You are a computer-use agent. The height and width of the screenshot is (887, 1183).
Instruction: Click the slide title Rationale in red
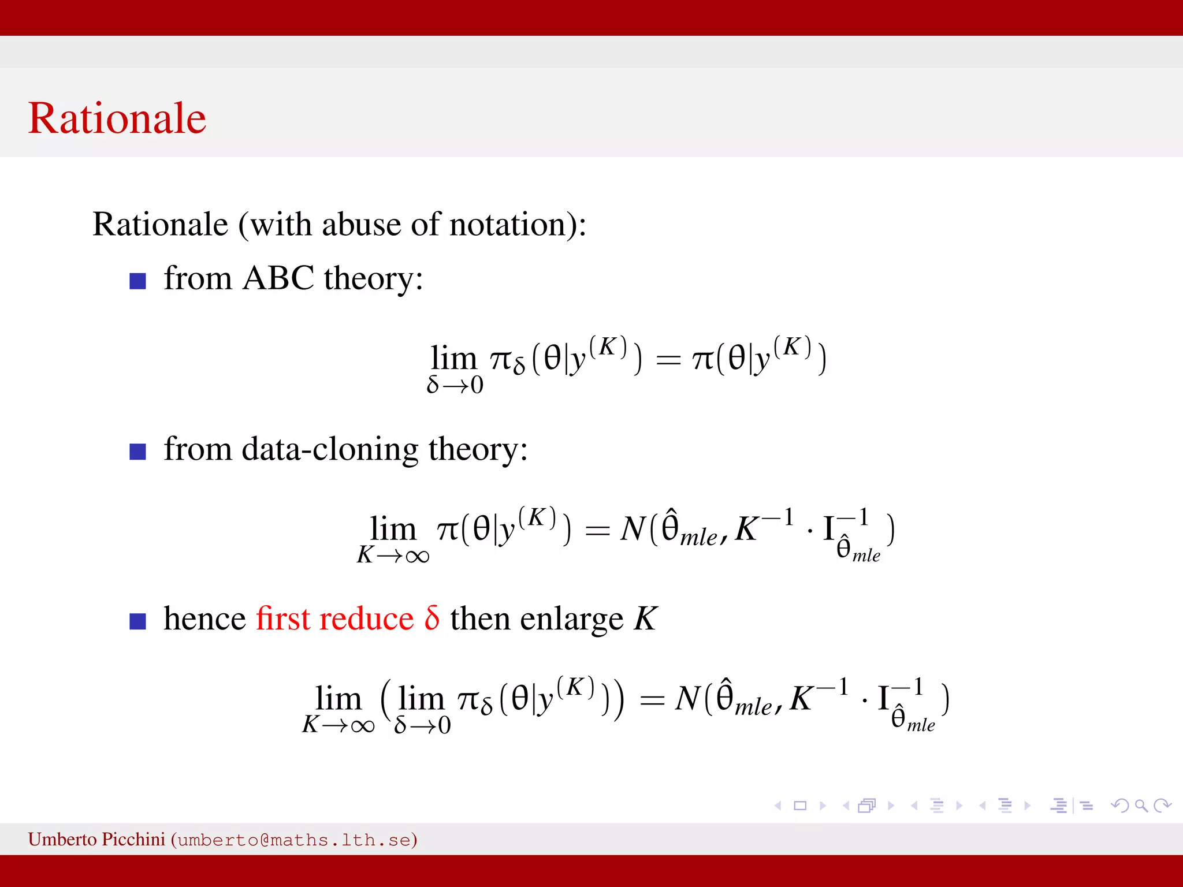117,118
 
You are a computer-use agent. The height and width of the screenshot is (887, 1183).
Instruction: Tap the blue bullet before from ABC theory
137,281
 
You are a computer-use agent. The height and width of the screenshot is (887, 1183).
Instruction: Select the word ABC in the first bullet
278,278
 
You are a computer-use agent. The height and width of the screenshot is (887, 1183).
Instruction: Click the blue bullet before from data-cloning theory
137,452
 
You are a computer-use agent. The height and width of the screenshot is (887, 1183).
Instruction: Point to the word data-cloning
330,449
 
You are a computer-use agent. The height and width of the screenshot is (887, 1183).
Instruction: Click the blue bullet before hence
137,621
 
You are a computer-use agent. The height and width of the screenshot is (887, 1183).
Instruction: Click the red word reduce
366,619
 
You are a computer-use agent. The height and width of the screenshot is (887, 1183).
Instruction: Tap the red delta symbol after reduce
431,618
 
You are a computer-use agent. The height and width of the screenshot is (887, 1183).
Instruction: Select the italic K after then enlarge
645,619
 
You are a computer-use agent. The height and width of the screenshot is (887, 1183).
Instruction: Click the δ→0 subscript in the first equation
455,385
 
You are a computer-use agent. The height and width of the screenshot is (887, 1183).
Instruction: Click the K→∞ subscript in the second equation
393,556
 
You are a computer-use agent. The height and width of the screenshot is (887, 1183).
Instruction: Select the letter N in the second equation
633,529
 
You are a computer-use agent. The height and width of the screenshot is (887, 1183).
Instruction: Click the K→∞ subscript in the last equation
338,725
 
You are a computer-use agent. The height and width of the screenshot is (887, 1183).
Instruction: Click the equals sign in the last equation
652,701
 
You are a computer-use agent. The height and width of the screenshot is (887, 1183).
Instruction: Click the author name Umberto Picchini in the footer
96,839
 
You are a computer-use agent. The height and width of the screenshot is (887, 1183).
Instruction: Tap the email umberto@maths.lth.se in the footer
294,840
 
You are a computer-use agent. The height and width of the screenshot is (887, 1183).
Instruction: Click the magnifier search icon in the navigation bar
1141,806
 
